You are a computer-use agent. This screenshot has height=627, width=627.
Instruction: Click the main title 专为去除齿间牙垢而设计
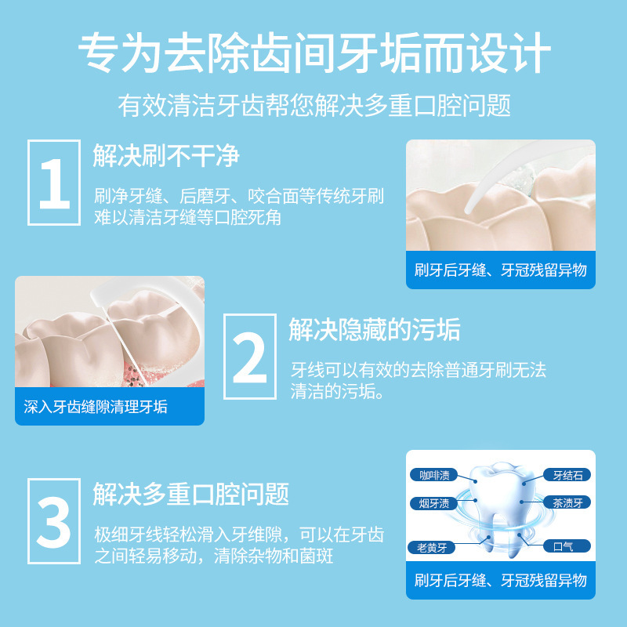313,53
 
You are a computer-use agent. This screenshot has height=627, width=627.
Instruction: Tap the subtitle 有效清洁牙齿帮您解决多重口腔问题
313,104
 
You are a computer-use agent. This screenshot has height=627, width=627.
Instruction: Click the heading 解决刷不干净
165,155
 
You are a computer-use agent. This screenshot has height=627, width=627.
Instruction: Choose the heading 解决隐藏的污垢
374,330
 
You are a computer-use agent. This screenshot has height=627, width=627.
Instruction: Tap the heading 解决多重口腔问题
190,494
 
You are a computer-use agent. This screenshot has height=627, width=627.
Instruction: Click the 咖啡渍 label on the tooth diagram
433,475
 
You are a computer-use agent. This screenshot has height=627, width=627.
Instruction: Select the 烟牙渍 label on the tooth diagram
433,503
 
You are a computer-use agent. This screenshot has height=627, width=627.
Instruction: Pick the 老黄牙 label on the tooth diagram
430,546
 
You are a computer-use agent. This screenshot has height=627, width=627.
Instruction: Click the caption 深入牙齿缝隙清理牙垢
96,407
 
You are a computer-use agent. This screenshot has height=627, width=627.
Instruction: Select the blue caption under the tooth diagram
500,581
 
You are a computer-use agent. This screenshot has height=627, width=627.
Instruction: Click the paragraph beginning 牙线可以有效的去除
418,380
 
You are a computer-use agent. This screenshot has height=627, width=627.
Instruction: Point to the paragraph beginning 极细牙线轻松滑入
239,545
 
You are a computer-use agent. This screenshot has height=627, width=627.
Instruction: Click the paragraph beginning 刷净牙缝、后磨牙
239,207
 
